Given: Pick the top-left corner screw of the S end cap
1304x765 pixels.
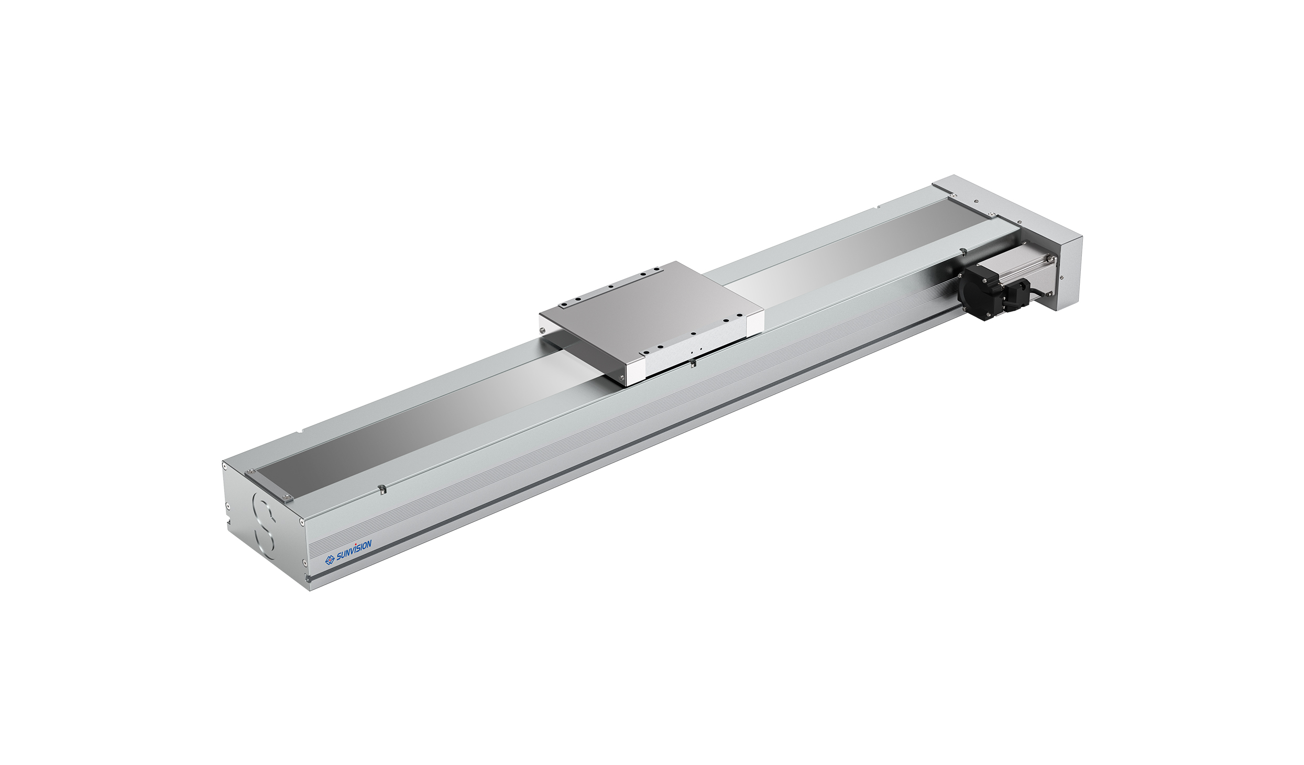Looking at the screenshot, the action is (225, 464).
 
